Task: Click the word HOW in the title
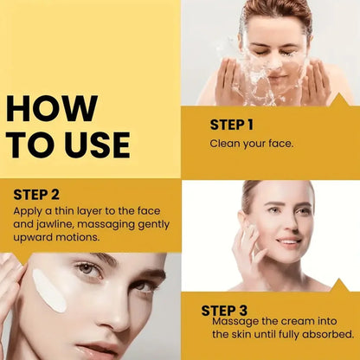[51, 108]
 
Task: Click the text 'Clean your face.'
[252, 143]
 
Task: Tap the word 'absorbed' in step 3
[328, 334]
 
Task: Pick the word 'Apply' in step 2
[28, 210]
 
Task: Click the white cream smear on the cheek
[49, 290]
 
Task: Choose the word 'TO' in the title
[29, 145]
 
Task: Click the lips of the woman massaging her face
[288, 241]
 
